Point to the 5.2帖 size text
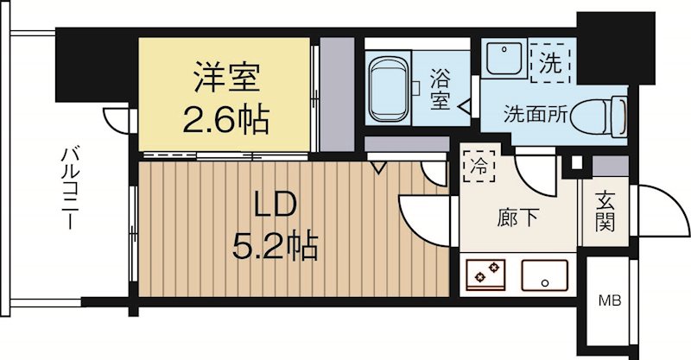coord(275,249)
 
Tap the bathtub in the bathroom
coord(391,88)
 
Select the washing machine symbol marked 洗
coord(549,62)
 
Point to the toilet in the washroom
coord(605,112)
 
